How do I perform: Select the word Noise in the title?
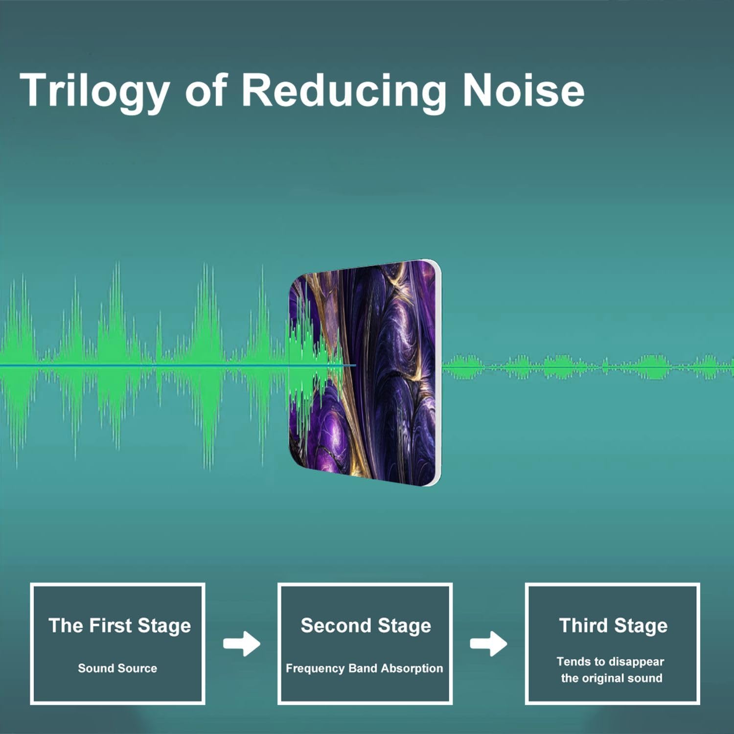(x=523, y=90)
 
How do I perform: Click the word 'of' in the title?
(x=206, y=90)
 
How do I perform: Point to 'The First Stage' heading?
(x=119, y=626)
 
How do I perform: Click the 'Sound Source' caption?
(x=117, y=668)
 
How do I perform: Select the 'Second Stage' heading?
(x=366, y=626)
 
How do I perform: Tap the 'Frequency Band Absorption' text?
(x=364, y=668)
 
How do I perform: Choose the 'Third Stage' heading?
(x=613, y=626)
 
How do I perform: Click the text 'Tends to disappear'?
(x=610, y=662)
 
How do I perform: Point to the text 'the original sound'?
(x=612, y=678)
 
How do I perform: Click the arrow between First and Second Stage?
(x=242, y=644)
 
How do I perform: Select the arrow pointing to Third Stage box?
(x=488, y=644)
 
